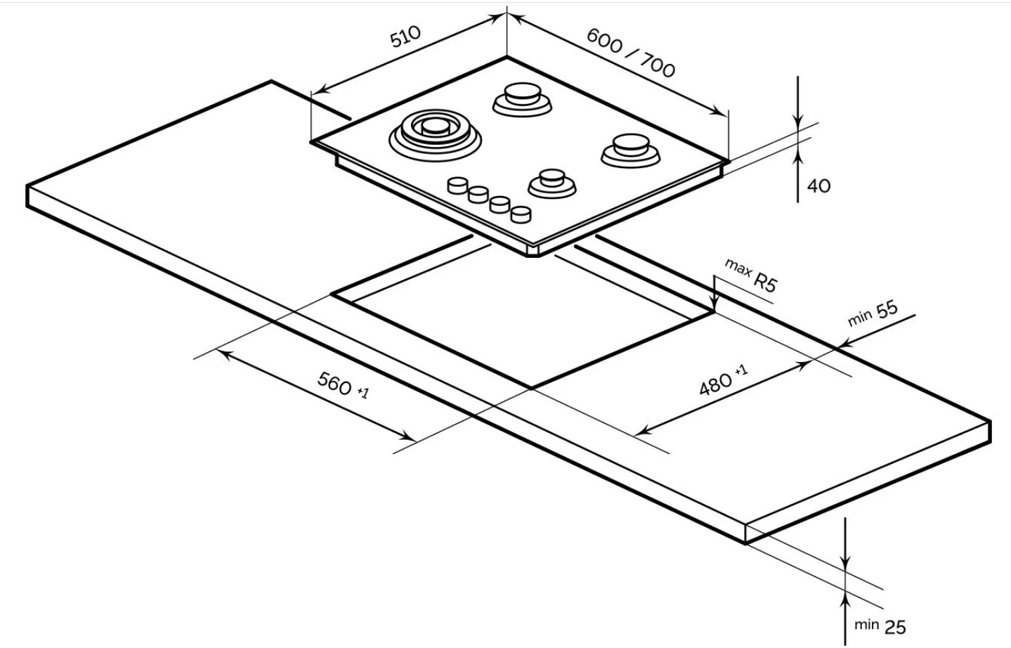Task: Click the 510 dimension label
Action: tap(405, 36)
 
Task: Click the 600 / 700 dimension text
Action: tap(630, 53)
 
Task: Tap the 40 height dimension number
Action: tap(818, 186)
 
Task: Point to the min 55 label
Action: tap(873, 313)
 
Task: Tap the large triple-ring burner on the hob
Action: tap(435, 134)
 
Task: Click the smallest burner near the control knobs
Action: tap(552, 183)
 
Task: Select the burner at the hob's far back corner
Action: tap(522, 99)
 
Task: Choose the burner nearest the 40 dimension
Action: tap(630, 150)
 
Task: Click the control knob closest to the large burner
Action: tap(457, 185)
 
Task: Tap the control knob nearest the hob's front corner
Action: tap(521, 214)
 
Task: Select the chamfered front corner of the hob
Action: tap(533, 251)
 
